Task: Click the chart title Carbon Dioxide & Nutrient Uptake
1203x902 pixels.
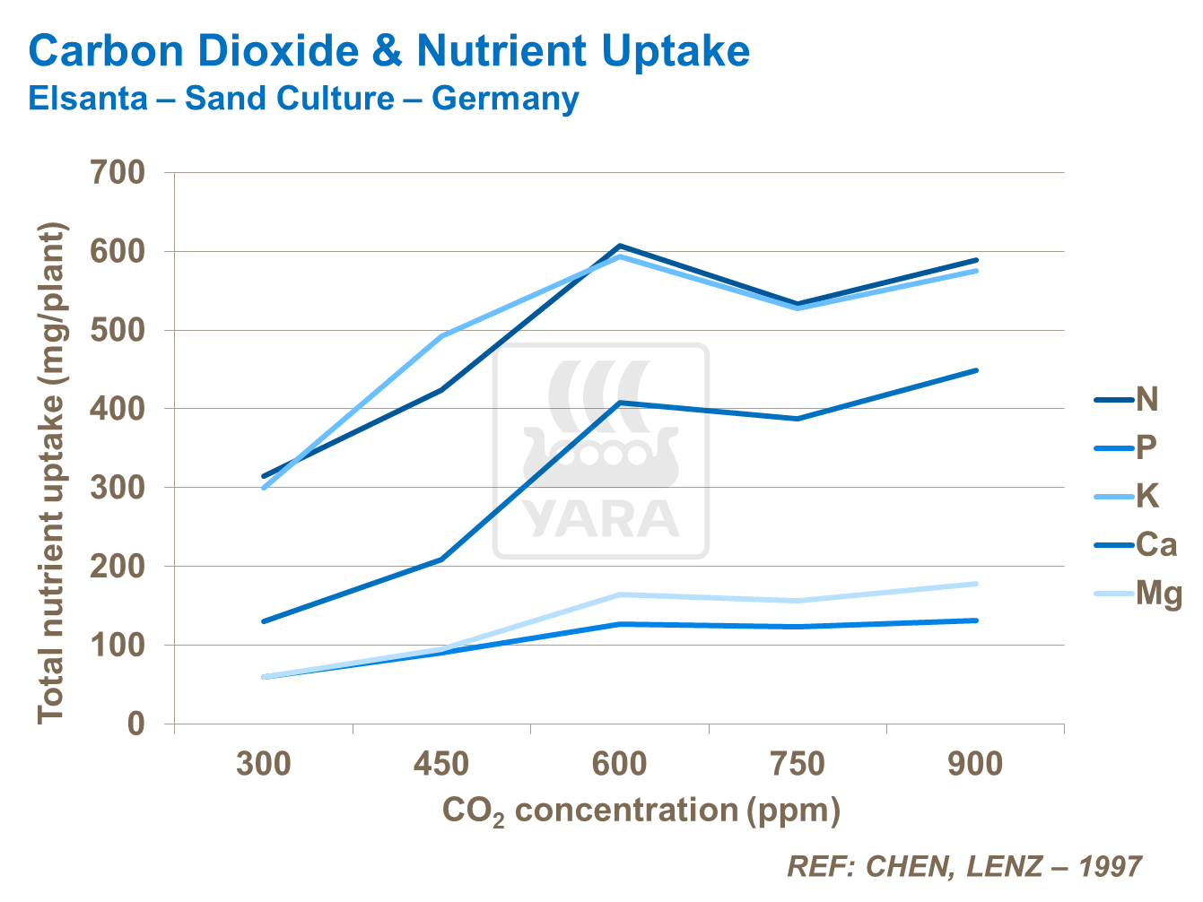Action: pyautogui.click(x=388, y=51)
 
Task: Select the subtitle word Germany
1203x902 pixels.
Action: pyautogui.click(x=505, y=98)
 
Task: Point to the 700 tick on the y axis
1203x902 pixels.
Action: pyautogui.click(x=118, y=172)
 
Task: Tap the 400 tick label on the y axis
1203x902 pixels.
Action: pyautogui.click(x=118, y=409)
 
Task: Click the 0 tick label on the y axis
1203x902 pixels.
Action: pyautogui.click(x=135, y=724)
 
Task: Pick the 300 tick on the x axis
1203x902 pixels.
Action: pyautogui.click(x=264, y=765)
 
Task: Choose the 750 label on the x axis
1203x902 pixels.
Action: pyautogui.click(x=797, y=765)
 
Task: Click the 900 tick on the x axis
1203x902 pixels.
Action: pyautogui.click(x=975, y=765)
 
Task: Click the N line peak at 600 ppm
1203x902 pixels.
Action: pyautogui.click(x=620, y=246)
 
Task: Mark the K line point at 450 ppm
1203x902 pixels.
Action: pyautogui.click(x=441, y=336)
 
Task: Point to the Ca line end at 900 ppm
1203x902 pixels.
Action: pyautogui.click(x=976, y=370)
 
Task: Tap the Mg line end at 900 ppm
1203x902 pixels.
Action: pyautogui.click(x=976, y=584)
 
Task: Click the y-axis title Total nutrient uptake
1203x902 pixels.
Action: pyautogui.click(x=52, y=473)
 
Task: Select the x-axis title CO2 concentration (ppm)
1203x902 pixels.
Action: pyautogui.click(x=641, y=811)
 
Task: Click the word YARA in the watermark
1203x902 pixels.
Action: pyautogui.click(x=601, y=518)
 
